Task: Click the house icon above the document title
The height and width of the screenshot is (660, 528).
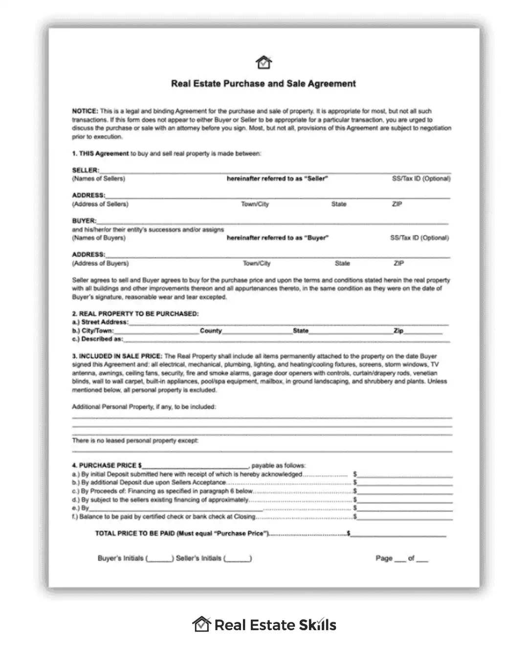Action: (264, 62)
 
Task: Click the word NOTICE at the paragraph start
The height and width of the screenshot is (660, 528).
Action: (85, 111)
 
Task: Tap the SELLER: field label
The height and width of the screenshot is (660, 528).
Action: (86, 170)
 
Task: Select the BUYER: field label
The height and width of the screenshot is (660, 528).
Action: (84, 220)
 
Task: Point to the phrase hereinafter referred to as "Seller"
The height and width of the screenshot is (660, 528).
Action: (277, 179)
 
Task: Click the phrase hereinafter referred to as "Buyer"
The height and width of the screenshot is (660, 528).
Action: (277, 238)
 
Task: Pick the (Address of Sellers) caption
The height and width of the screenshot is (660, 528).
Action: (100, 204)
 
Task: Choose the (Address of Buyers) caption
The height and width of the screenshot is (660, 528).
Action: (100, 264)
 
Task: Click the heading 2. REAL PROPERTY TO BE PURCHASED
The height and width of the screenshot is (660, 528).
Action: (135, 314)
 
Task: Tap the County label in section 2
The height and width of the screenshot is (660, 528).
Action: (211, 331)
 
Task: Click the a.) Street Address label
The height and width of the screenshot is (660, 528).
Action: (100, 322)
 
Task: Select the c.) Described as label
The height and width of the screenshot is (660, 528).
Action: (97, 339)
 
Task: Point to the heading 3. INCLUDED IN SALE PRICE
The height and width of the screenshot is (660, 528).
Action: (117, 356)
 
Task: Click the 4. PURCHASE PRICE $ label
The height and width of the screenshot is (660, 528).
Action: (107, 465)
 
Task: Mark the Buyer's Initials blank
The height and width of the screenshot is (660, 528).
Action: (159, 558)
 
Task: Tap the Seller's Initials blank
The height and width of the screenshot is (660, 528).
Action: (238, 558)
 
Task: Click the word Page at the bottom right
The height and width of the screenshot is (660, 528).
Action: (384, 558)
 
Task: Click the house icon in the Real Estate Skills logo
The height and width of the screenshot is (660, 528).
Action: (201, 624)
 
